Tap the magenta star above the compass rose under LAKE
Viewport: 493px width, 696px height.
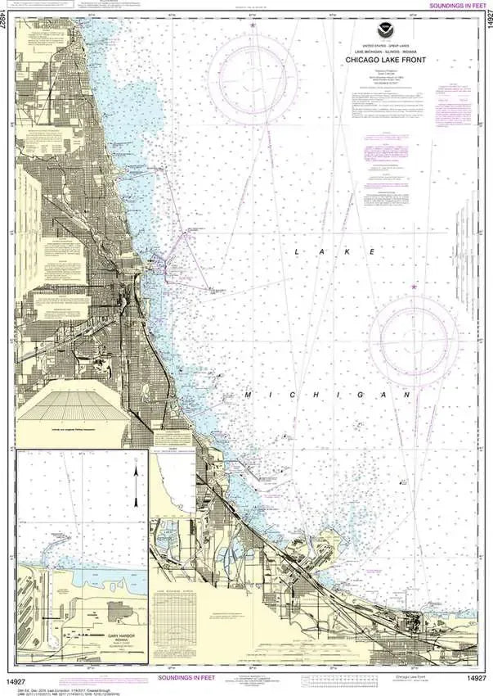tap(415, 287)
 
